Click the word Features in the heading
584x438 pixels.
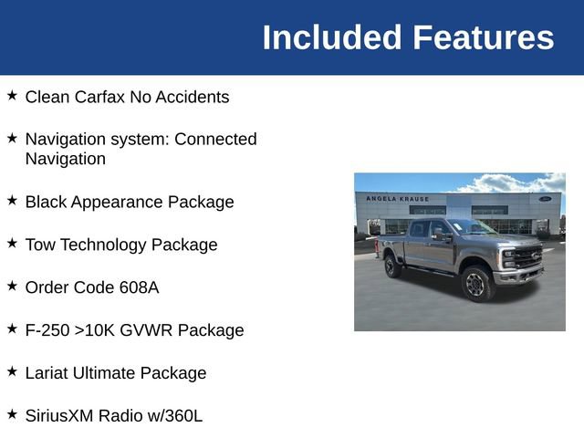[483, 37]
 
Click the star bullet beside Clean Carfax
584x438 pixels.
[12, 95]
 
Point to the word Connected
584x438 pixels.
[215, 140]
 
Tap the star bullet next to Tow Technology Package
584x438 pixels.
[12, 243]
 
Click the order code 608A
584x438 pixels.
[139, 287]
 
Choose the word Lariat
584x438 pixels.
[48, 373]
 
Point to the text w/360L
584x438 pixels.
[173, 416]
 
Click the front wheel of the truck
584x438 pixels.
[475, 284]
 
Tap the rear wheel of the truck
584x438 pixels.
[393, 266]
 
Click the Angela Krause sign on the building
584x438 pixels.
[397, 198]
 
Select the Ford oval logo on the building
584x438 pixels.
[545, 198]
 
